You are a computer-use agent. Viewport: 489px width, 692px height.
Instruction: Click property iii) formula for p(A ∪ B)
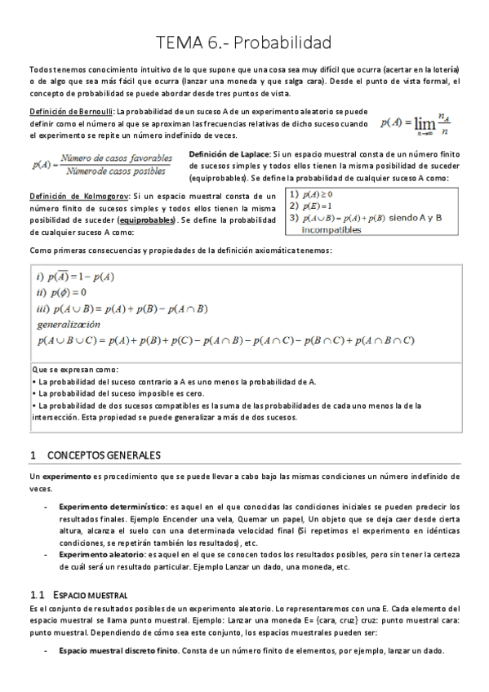[x=123, y=308]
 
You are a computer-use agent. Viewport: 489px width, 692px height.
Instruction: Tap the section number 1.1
[x=36, y=595]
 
